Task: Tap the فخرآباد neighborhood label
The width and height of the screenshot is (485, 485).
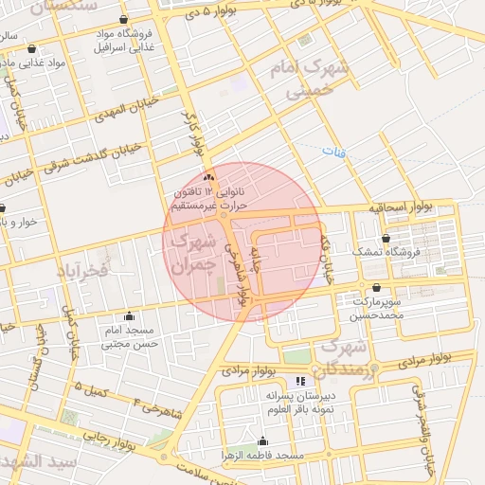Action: click(x=84, y=271)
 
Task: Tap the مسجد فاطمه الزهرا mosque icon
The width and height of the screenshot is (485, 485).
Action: click(x=262, y=441)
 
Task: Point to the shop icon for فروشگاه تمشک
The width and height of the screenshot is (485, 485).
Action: click(x=385, y=239)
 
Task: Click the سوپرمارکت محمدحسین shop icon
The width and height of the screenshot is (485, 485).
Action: click(x=377, y=288)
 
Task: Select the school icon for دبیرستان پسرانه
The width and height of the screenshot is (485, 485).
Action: click(x=300, y=381)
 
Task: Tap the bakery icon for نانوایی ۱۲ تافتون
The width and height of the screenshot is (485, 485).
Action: click(x=209, y=177)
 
